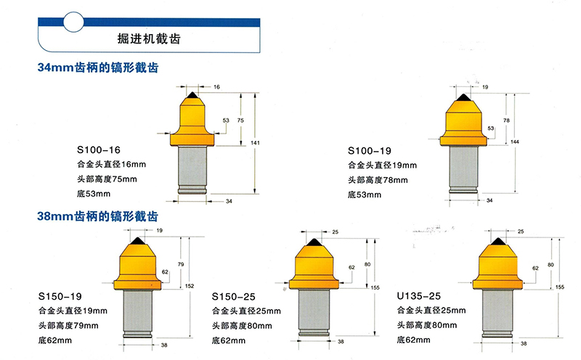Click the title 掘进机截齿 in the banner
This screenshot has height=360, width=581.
(x=149, y=39)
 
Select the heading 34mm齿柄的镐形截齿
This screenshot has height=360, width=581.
(x=98, y=67)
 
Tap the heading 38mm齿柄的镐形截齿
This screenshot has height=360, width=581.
(x=98, y=216)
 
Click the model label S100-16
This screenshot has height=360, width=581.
(x=99, y=150)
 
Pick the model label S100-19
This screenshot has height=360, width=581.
(x=370, y=151)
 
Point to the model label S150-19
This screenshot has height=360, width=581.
(x=60, y=296)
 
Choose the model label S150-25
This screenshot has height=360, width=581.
(x=233, y=297)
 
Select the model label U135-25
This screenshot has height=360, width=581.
(x=419, y=296)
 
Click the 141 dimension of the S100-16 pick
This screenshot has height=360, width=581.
(x=255, y=142)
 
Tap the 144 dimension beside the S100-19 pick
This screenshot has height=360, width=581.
(x=515, y=142)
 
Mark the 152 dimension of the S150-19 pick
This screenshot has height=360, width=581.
(x=190, y=286)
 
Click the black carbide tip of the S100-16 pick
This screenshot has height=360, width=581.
(x=192, y=95)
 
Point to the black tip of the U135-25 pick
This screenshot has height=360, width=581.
(x=498, y=242)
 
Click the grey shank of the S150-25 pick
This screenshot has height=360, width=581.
(x=314, y=312)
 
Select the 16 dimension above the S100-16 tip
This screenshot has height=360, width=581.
(x=216, y=87)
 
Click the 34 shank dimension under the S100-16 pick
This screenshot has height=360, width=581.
(x=229, y=201)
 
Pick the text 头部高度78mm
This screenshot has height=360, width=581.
(x=378, y=180)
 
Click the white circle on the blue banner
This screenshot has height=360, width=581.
(x=73, y=22)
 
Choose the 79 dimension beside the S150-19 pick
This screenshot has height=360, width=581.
(x=181, y=264)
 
